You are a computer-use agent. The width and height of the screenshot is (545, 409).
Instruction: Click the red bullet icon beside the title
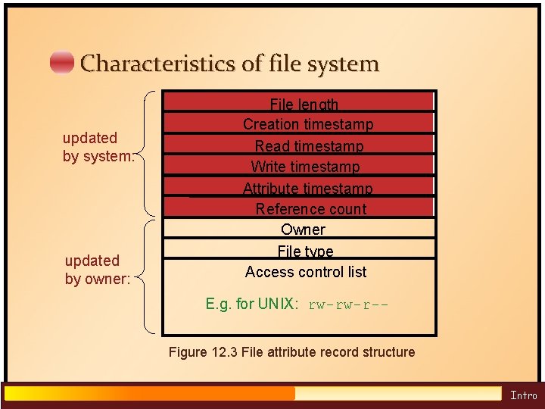pyautogui.click(x=62, y=63)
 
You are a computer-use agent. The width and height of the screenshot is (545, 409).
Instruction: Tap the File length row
pyautogui.click(x=304, y=105)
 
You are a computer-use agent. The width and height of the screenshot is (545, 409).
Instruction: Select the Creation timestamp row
pyautogui.click(x=308, y=124)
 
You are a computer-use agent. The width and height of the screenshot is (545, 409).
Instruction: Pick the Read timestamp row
pyautogui.click(x=309, y=145)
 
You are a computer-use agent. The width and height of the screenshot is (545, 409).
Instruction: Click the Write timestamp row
pyautogui.click(x=305, y=166)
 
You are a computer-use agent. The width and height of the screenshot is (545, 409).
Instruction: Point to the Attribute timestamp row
pyautogui.click(x=307, y=188)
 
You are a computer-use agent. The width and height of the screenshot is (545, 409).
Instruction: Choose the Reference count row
pyautogui.click(x=310, y=208)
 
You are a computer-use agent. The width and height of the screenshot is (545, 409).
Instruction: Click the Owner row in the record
pyautogui.click(x=303, y=229)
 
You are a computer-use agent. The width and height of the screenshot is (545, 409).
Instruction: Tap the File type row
pyautogui.click(x=305, y=251)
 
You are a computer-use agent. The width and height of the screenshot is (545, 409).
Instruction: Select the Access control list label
pyautogui.click(x=306, y=271)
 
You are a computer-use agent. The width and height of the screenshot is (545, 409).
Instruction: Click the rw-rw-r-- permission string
pyautogui.click(x=348, y=304)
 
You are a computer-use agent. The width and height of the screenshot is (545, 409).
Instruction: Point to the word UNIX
pyautogui.click(x=279, y=304)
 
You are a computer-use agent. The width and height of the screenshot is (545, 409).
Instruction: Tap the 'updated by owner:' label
pyautogui.click(x=98, y=270)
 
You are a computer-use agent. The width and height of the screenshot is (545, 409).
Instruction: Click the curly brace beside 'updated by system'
pyautogui.click(x=148, y=154)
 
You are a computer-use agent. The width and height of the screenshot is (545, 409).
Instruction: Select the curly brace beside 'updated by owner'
pyautogui.click(x=148, y=276)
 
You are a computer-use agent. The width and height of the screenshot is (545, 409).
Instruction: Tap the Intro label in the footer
pyautogui.click(x=523, y=395)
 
